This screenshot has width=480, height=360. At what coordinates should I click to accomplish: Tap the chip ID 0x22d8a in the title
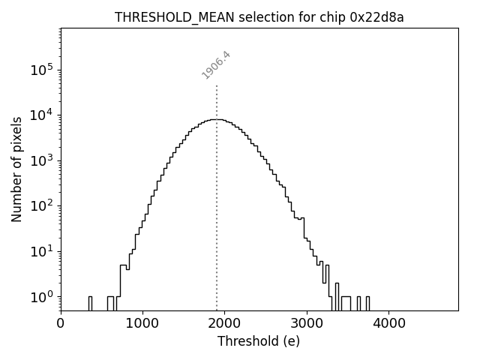coord(373,17)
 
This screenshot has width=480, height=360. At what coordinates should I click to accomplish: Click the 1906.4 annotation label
coord(216,64)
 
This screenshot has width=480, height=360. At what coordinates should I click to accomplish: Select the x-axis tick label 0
coord(61,323)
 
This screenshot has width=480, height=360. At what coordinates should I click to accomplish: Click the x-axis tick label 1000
coord(142,323)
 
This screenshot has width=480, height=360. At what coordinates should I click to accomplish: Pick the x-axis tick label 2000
coord(224,323)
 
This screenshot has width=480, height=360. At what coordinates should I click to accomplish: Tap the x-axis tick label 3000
coord(307,323)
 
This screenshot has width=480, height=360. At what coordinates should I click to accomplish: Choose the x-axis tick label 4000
coord(388,323)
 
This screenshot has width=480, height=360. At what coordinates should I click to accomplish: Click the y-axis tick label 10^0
coord(42,297)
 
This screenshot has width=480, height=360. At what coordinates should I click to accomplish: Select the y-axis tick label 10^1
coord(42,251)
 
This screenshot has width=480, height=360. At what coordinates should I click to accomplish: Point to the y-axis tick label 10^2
coord(42,206)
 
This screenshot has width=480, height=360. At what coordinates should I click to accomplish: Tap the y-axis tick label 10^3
coord(42,160)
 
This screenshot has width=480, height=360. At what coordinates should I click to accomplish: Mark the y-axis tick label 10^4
coord(42,115)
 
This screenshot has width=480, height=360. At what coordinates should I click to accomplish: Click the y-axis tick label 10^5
coord(42,70)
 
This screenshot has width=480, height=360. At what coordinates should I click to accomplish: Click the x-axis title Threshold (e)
coord(259,341)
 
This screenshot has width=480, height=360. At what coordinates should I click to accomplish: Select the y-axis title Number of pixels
coord(16,169)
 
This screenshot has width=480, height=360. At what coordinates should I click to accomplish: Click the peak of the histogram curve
coord(216,119)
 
